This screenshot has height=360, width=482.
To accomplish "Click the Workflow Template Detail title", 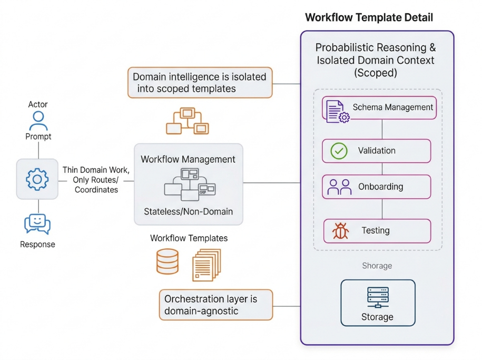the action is (x=369, y=17).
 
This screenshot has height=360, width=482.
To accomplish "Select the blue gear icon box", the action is (x=37, y=179).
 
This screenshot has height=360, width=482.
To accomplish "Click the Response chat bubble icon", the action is (x=37, y=223).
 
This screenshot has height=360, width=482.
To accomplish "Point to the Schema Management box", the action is (x=379, y=108).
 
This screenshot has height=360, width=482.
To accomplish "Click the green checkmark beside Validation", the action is (x=339, y=151).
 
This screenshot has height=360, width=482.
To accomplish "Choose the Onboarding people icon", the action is (x=339, y=187).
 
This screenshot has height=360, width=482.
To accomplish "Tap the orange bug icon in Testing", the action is (x=340, y=231).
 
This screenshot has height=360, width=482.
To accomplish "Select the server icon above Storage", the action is (x=378, y=297).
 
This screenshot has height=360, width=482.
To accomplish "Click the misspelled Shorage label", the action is (x=377, y=266).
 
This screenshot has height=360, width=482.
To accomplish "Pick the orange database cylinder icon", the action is (x=168, y=261).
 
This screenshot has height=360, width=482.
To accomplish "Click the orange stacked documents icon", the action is (x=206, y=265).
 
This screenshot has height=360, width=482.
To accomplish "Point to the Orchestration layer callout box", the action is (x=216, y=305).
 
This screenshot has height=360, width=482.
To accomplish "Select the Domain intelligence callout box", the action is (x=200, y=82).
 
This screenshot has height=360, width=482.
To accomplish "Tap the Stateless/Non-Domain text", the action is (x=189, y=212).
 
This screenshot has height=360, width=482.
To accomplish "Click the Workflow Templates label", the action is (x=189, y=238).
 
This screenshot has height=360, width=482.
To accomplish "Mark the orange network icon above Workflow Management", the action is (x=188, y=121).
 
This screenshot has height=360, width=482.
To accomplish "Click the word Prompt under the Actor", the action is (x=38, y=137).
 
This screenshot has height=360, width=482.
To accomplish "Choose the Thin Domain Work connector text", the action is (x=96, y=180).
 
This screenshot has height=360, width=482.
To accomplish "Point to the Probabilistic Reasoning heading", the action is (x=376, y=60).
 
